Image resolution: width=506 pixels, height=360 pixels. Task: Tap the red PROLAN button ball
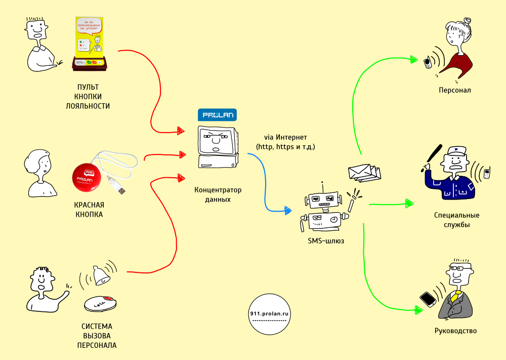pos(88,178)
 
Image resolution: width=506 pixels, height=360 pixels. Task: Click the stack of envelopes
pos(363,173)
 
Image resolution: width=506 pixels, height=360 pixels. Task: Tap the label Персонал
pos(455,90)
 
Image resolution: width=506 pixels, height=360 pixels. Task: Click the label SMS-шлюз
pos(326,241)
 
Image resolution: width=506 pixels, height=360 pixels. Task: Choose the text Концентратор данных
pos(218,194)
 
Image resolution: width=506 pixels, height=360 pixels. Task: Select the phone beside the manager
pos(428,299)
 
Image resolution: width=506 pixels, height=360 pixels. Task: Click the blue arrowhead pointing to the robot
pos(288,209)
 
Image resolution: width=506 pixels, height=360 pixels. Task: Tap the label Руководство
pos(455,331)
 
